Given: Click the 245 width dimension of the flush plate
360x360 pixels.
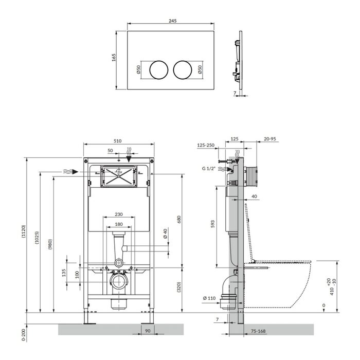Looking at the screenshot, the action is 173,21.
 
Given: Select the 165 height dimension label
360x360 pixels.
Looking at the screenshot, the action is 114,58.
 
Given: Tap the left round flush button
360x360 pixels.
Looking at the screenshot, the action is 159,70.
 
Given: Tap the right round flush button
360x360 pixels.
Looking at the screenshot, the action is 183,70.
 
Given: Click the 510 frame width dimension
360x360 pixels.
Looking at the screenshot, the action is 118,141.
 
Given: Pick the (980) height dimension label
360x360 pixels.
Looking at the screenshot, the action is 50,244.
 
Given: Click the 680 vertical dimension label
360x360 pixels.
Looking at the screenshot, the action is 179,220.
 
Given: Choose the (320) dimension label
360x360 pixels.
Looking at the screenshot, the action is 179,287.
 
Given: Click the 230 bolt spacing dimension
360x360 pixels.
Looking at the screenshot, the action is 119,214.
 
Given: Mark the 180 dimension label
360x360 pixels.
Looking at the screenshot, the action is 119,224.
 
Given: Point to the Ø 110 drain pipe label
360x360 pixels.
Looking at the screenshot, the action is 209,298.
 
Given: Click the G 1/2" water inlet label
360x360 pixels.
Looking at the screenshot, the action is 209,169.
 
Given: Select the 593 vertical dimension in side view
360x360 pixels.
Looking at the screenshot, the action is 212,224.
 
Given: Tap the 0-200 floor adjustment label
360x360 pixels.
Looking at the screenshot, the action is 24,334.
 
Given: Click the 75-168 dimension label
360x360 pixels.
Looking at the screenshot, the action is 258,331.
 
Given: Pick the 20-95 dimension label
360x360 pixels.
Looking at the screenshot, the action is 270,139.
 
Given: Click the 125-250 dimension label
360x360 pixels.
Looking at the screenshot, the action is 206,145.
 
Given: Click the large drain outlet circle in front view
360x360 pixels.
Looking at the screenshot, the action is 118,282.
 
